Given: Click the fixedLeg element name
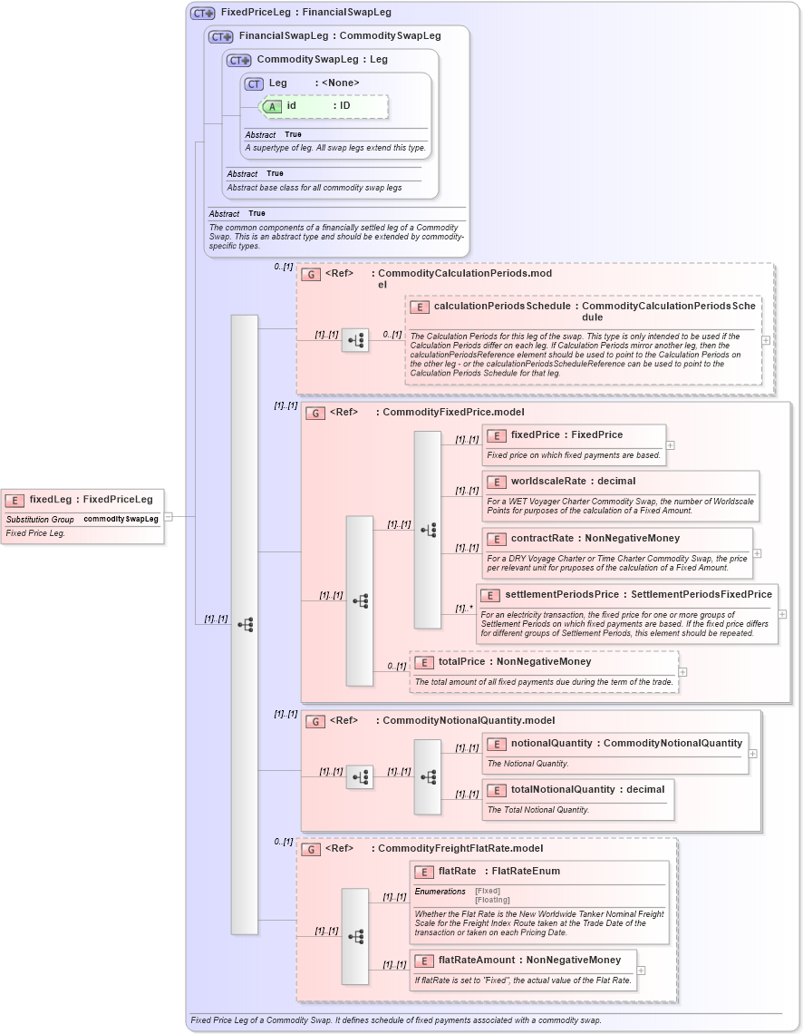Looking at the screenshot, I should (51, 499).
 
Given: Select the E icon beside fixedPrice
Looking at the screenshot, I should (496, 435).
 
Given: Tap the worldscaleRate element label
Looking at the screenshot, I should (547, 482).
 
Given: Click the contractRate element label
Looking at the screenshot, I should (542, 539).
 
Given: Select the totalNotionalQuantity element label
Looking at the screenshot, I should (563, 790).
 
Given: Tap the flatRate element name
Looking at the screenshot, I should (458, 872).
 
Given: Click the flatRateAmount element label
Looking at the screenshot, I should (475, 960).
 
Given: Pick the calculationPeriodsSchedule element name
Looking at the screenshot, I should (502, 307).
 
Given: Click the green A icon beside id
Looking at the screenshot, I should (271, 106).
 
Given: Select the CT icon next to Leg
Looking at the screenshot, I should (254, 83).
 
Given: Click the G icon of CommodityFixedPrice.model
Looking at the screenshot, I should (315, 413).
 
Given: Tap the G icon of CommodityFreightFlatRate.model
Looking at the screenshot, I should (311, 850).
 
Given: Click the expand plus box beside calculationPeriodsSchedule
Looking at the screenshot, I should (767, 341).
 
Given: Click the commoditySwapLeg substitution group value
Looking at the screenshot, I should (121, 519).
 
